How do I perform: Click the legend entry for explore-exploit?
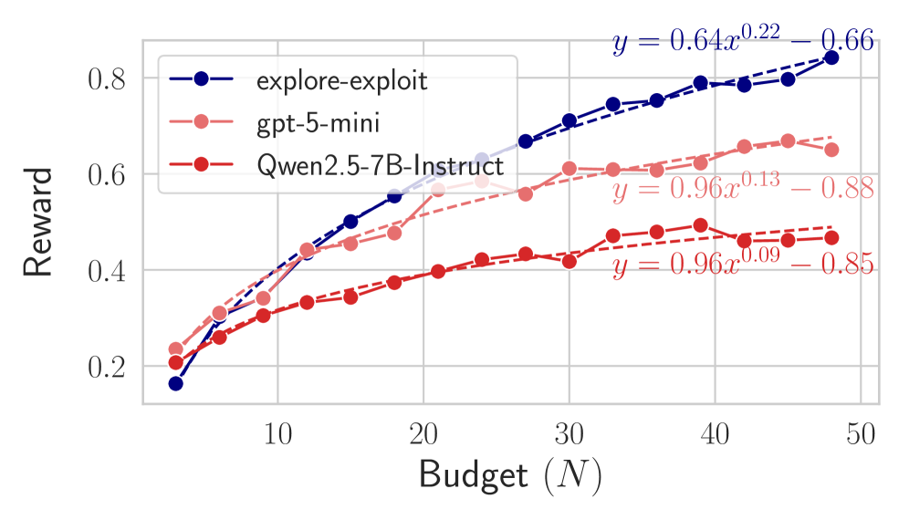click(x=341, y=80)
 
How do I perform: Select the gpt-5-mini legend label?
click(x=317, y=123)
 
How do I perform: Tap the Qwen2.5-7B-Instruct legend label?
click(x=380, y=166)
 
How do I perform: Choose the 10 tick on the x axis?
click(x=277, y=433)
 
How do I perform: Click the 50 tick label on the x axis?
click(x=861, y=433)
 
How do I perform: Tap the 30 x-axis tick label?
click(x=569, y=433)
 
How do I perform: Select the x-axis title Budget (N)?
click(x=510, y=477)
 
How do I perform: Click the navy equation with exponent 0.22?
click(x=742, y=41)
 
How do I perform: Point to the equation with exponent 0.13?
click(x=742, y=189)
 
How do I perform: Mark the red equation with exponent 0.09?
click(x=742, y=265)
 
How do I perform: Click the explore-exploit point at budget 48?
click(x=831, y=57)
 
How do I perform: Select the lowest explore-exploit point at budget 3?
click(x=175, y=383)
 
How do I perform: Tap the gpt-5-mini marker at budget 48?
click(x=831, y=150)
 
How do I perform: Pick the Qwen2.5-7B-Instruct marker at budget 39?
click(x=700, y=225)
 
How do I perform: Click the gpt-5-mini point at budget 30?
click(x=569, y=168)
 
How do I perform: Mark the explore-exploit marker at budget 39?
click(x=700, y=83)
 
